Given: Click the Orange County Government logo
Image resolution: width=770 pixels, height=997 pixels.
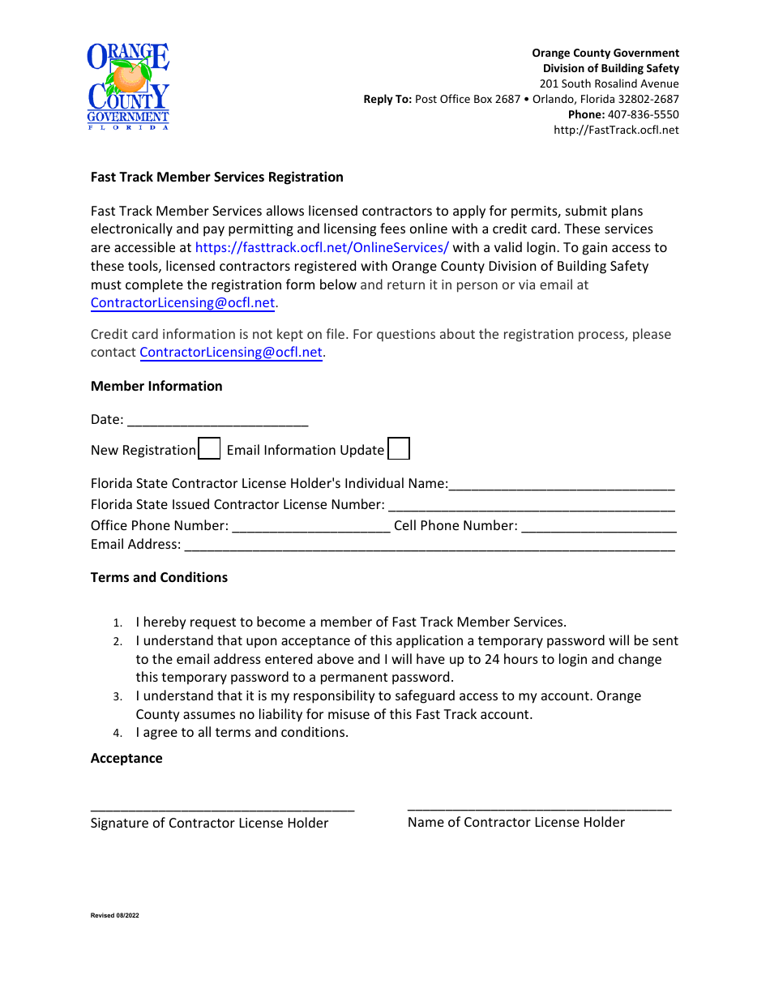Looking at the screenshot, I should click(x=128, y=86).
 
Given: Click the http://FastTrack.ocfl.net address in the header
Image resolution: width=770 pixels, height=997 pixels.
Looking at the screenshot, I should click(x=616, y=130).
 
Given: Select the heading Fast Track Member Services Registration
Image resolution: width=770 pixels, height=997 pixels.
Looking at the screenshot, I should click(x=216, y=177).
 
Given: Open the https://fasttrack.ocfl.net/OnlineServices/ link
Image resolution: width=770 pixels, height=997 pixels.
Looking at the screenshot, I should click(x=322, y=248).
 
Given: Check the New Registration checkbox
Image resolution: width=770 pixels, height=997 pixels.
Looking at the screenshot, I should click(x=209, y=449).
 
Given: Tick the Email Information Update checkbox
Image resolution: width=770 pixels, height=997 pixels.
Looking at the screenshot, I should click(x=399, y=449).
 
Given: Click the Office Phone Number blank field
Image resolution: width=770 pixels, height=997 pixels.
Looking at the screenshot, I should click(x=311, y=526).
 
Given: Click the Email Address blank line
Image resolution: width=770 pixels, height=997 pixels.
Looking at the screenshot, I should click(x=430, y=545).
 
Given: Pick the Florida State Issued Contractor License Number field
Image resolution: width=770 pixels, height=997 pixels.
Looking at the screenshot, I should click(x=531, y=505).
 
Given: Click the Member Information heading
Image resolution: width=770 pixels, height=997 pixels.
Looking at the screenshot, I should click(x=156, y=386).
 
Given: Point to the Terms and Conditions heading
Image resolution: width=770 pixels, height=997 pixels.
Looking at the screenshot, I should click(x=159, y=577).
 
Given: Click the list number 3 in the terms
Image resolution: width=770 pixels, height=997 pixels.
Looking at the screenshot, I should click(x=118, y=696).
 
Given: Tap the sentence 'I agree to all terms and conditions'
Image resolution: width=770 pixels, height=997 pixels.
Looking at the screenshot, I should click(x=242, y=732).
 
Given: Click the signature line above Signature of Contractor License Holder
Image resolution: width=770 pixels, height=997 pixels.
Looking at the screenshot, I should click(x=222, y=807).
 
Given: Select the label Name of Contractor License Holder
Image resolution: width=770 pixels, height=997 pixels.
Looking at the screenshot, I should click(x=515, y=822).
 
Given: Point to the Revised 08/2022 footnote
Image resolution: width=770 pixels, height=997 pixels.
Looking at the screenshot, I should click(x=114, y=915).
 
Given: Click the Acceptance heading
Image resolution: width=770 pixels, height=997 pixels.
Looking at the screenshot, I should click(x=126, y=758).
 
